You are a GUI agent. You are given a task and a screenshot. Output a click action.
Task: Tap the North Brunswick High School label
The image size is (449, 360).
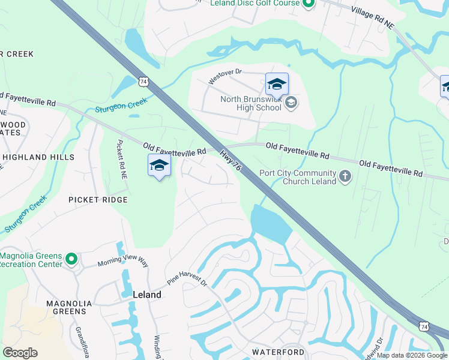tap(251, 103)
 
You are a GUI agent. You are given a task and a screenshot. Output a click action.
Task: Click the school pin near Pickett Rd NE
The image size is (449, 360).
tap(159, 165)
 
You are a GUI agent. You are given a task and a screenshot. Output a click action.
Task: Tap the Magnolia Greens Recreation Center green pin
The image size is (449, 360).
tap(71, 259)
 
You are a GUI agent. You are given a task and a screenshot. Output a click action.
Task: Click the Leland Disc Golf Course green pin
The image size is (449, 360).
tap(308, 4)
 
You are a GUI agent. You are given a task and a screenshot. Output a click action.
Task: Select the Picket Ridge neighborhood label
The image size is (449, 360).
tap(98, 199)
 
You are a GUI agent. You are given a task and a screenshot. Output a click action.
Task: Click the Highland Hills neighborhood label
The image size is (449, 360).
tap(34, 157)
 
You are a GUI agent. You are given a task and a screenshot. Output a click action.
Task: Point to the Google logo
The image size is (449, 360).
tap(20, 353)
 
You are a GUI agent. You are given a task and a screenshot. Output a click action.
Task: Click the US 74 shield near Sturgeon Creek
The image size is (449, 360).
tap(143, 81)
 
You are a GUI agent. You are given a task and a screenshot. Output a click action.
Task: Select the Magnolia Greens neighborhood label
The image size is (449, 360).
tap(71, 307)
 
